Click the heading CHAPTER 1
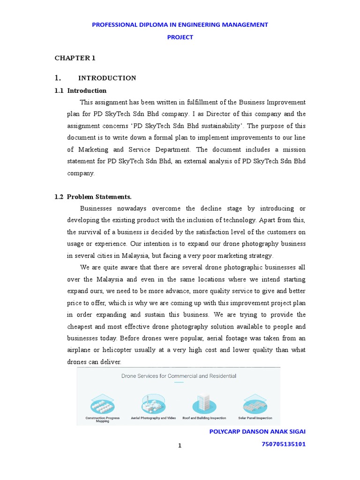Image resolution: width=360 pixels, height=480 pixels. [75, 58]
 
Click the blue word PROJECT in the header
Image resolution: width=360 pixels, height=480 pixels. [180, 37]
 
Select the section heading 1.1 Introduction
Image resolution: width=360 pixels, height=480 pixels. [81, 90]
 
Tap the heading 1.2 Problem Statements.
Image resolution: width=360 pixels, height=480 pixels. [93, 197]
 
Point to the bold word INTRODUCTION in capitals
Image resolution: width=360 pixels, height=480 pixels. [107, 78]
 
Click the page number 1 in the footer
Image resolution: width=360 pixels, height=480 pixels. [180, 446]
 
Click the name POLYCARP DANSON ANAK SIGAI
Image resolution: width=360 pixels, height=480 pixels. [257, 431]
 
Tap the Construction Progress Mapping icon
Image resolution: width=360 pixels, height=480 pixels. [102, 403]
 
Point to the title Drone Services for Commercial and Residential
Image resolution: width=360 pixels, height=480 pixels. [179, 376]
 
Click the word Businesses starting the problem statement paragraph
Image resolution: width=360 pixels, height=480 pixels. [97, 209]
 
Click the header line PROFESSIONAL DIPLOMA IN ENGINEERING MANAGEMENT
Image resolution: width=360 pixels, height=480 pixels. [180, 24]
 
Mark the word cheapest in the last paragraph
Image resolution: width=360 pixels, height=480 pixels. [80, 327]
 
